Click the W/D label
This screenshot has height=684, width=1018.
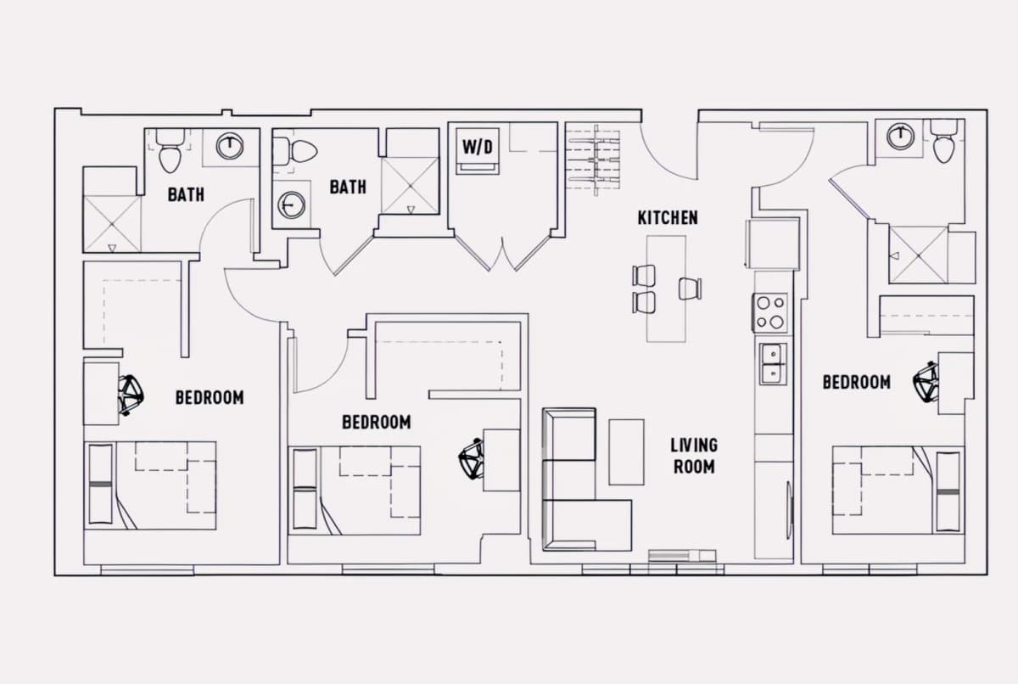pos(478,147)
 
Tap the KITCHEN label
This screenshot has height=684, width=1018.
pos(668,218)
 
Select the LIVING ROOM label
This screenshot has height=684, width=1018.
pos(694,456)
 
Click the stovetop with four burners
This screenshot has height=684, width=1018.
pos(769,312)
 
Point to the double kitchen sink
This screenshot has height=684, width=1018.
pos(773,363)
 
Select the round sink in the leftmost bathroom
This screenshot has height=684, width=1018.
pos(230,146)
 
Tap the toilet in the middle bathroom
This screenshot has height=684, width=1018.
pos(294,151)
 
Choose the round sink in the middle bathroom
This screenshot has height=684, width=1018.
pos(291,205)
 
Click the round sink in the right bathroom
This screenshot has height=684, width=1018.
pos(900,136)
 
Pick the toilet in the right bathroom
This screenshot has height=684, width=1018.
pos(943,142)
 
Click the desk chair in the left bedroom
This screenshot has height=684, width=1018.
pos(131,395)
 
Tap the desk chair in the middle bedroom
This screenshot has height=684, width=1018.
pos(471,458)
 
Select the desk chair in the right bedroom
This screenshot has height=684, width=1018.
pos(926,382)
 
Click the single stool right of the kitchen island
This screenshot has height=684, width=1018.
pos(690,289)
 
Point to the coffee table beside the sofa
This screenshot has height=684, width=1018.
pos(626,452)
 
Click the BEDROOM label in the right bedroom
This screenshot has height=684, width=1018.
pos(857,382)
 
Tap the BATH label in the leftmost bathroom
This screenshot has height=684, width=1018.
pos(186,195)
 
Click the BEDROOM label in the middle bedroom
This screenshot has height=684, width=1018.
pos(377,423)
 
